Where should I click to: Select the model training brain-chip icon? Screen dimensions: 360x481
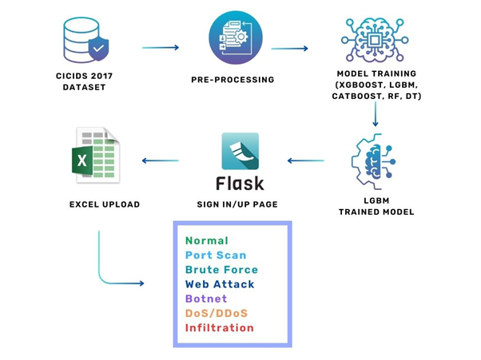click(x=374, y=40)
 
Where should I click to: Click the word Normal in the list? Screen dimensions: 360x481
click(x=207, y=240)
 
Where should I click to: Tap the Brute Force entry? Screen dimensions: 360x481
click(x=222, y=270)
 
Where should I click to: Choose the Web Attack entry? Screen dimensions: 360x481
click(x=220, y=284)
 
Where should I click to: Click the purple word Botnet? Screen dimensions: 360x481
click(x=206, y=299)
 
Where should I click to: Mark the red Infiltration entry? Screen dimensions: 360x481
click(x=220, y=327)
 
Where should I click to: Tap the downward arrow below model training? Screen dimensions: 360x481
click(x=375, y=114)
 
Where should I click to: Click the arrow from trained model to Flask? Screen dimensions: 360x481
click(x=305, y=160)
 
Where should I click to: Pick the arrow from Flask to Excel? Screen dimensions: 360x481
click(x=160, y=160)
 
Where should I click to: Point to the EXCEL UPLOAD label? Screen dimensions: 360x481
click(x=104, y=204)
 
